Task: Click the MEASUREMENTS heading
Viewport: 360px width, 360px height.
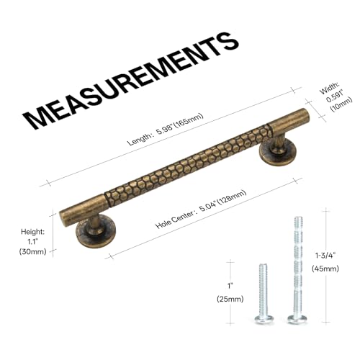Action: [x=131, y=81]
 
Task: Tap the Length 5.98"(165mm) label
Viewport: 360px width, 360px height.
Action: [x=165, y=129]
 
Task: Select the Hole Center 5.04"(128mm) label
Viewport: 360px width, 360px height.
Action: [x=201, y=209]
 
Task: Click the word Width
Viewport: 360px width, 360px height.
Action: [x=329, y=88]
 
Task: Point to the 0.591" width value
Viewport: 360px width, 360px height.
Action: [x=335, y=96]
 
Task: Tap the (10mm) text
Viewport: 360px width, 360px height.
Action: [x=341, y=104]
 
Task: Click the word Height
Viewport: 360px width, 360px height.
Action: [x=32, y=232]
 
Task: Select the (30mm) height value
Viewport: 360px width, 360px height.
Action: [x=32, y=251]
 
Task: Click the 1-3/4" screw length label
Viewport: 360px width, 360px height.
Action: [x=325, y=256]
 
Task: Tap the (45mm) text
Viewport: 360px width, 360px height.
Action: [x=325, y=269]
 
